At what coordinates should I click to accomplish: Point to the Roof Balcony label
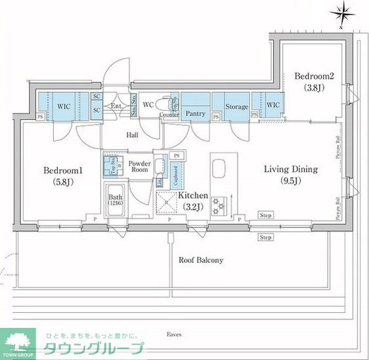(x=201, y=260)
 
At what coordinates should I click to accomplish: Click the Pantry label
(x=195, y=113)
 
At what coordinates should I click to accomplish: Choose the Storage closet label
(x=236, y=107)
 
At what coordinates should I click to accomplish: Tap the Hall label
(x=133, y=136)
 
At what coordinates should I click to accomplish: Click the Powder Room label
(x=139, y=167)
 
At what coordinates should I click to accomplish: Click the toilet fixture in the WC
(x=173, y=104)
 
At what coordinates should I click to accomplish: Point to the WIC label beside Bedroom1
(x=64, y=105)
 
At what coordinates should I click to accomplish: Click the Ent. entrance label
(x=116, y=106)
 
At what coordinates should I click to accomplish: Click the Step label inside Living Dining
(x=266, y=215)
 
